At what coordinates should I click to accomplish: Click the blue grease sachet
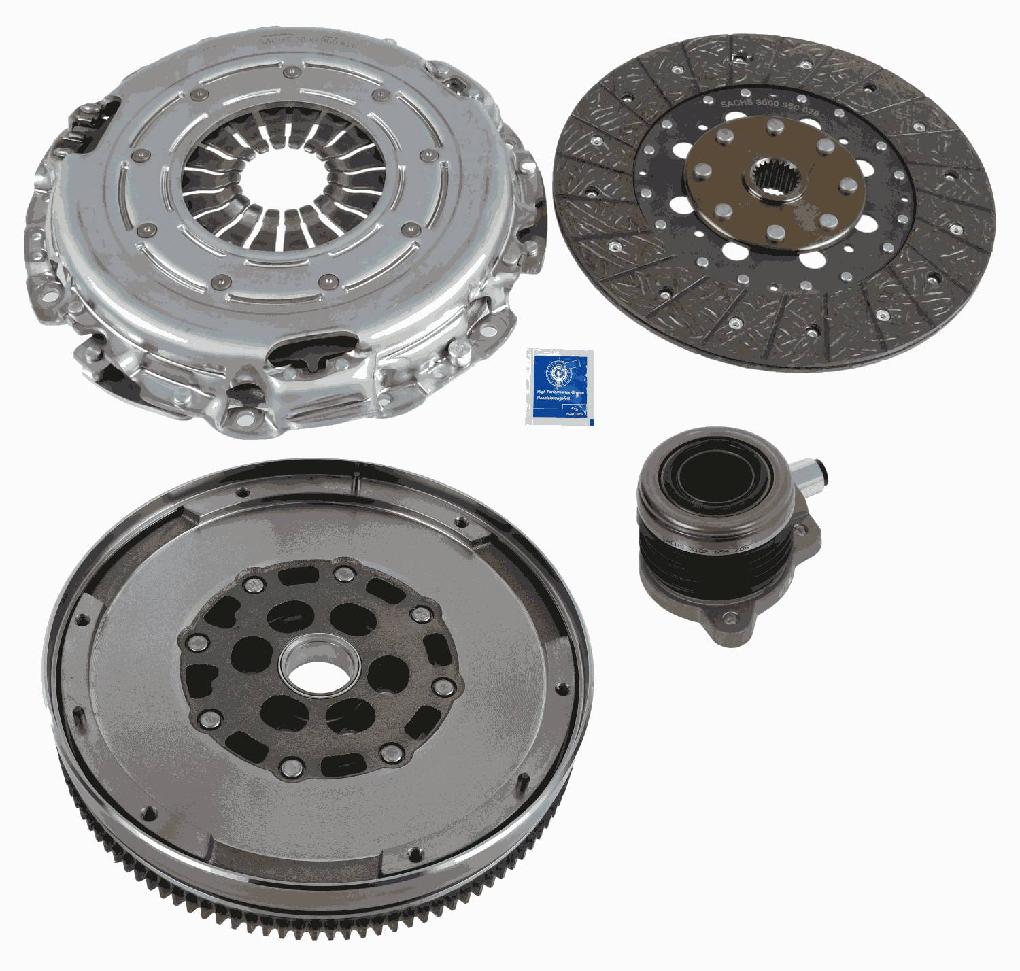coord(560,386)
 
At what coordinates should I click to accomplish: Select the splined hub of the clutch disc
coord(775,180)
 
